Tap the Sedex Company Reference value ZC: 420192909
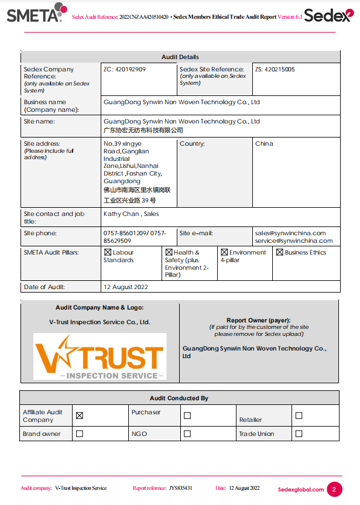click(125, 70)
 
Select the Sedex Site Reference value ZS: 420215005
click(275, 70)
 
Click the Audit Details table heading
click(180, 57)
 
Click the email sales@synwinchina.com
click(290, 233)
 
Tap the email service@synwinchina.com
click(294, 241)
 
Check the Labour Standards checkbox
click(108, 253)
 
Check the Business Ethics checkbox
click(280, 253)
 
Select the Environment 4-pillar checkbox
click(224, 253)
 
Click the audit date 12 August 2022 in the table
click(126, 287)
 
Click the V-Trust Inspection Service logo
click(100, 356)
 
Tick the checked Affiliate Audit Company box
click(80, 415)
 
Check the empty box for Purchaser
click(187, 415)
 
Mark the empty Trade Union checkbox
click(299, 434)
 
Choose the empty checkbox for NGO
click(187, 434)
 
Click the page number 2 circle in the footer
click(334, 489)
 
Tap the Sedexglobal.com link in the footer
click(301, 490)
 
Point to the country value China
click(264, 144)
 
